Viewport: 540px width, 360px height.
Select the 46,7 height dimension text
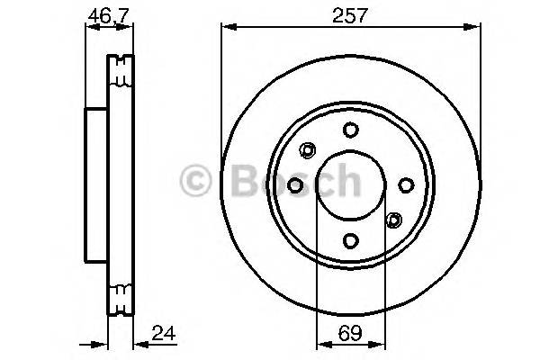[x=105, y=15]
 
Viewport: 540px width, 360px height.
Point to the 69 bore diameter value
[x=350, y=335]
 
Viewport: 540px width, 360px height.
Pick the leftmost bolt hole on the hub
[x=294, y=184]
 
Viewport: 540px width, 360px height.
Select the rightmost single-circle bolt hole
[x=406, y=184]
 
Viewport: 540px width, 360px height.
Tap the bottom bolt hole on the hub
[x=350, y=240]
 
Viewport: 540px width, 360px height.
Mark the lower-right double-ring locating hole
[x=393, y=219]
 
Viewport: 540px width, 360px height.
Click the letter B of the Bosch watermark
[x=238, y=183]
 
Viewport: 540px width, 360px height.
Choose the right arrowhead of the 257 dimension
[x=475, y=30]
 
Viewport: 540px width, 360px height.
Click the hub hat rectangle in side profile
[x=96, y=184]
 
